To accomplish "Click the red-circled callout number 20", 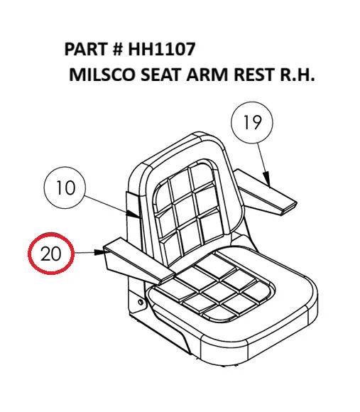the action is point(51,254).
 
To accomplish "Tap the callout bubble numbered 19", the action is point(252,122).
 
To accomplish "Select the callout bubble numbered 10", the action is point(65,188).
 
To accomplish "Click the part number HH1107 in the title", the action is point(162,49).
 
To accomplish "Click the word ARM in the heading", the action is point(207,75).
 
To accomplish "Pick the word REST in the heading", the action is point(254,75).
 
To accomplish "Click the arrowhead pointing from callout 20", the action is point(99,252).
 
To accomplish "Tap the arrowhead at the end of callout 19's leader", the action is point(267,179).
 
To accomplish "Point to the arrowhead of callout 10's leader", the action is point(132,214).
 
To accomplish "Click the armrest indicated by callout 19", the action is point(266,192).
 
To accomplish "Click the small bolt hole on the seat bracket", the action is point(141,302).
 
